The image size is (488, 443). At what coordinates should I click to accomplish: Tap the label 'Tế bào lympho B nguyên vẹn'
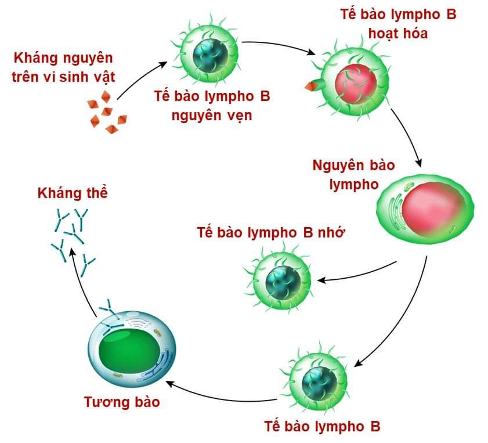tap(212, 105)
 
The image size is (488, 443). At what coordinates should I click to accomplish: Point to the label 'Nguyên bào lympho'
tap(353, 174)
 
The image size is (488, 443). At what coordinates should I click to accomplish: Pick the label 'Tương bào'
tap(121, 402)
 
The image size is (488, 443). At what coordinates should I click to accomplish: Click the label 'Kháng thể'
tap(73, 193)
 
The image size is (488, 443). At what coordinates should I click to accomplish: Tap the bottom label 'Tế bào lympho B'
tap(322, 426)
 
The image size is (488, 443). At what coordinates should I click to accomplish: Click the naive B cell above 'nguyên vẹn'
tap(207, 52)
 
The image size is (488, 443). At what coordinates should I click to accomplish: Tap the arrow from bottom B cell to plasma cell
tap(220, 398)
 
